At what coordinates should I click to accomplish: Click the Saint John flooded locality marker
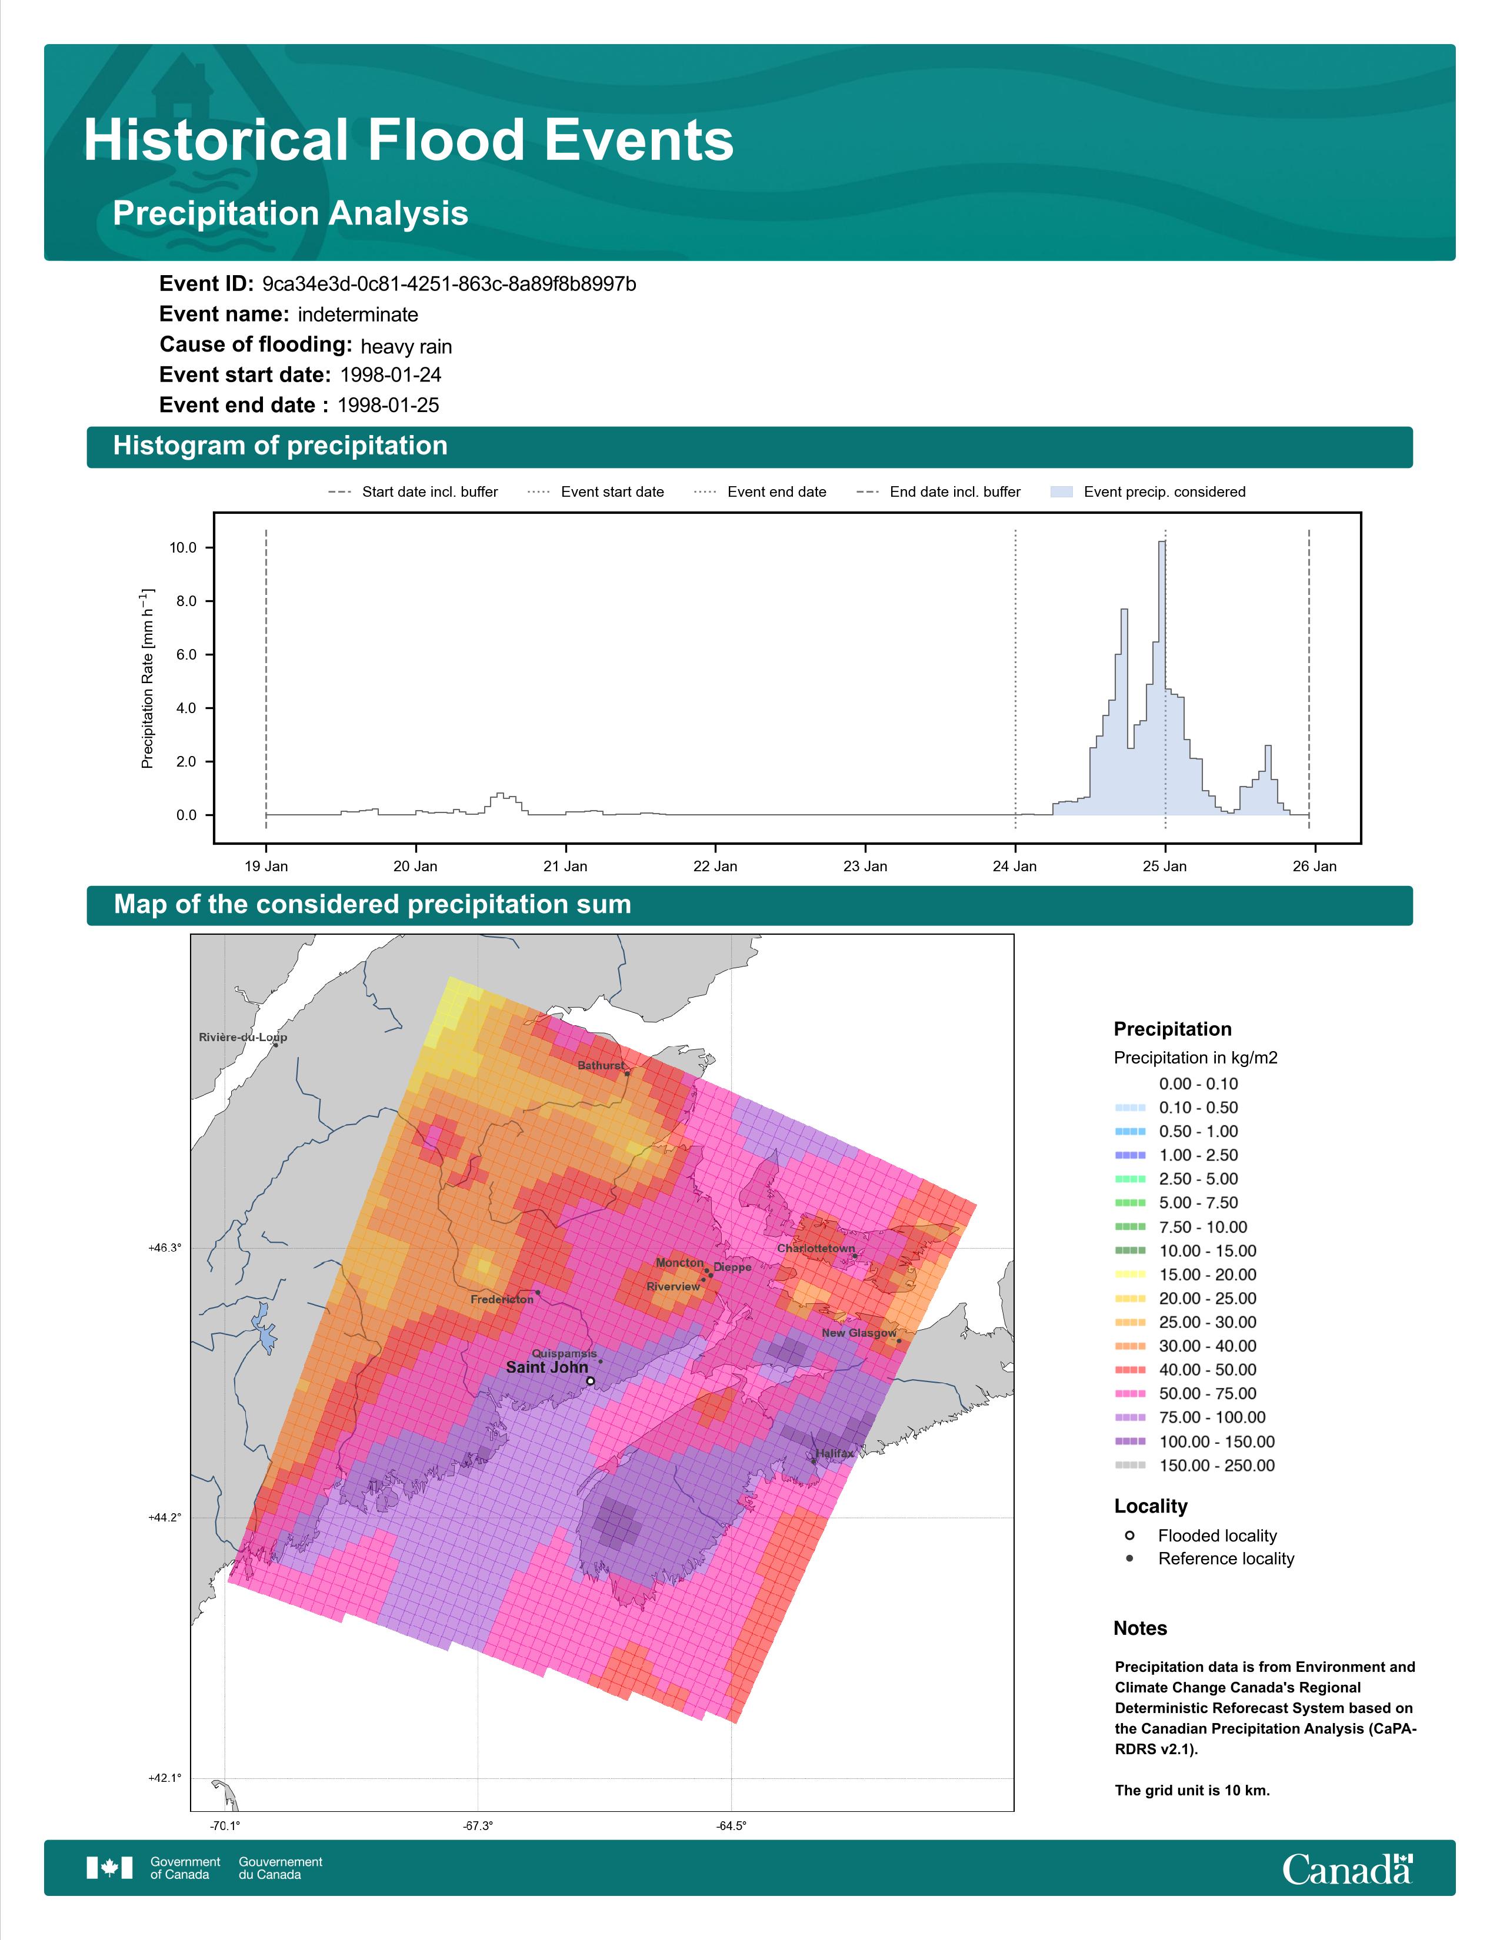590,1382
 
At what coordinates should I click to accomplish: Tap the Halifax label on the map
835,1453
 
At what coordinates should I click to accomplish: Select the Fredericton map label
502,1300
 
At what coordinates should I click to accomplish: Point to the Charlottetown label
816,1248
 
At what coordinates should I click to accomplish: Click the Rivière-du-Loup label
242,1036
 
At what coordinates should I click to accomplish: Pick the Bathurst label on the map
601,1065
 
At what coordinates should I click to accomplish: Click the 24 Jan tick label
1015,866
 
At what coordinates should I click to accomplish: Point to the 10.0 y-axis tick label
183,547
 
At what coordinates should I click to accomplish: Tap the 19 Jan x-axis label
266,866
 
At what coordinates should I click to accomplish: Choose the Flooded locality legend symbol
1129,1535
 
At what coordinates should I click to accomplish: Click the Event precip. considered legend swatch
1062,491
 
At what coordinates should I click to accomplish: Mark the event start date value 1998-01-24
390,375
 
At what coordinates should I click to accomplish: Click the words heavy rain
406,346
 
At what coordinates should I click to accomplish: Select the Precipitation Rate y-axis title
148,678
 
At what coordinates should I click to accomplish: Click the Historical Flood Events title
409,141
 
